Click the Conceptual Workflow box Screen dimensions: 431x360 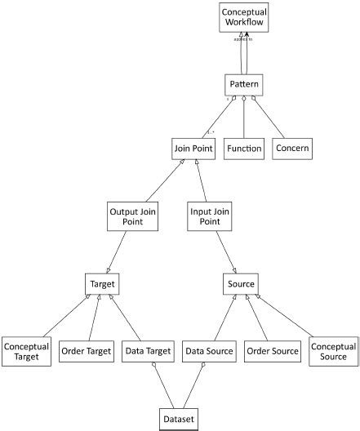[x=244, y=18]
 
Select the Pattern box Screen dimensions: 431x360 [x=244, y=84]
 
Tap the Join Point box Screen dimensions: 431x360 [x=193, y=149]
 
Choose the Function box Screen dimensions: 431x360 [x=245, y=149]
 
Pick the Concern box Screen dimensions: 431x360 [x=291, y=149]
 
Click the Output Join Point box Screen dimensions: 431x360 [x=133, y=217]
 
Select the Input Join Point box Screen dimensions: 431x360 [x=208, y=217]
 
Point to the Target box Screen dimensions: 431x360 [x=103, y=284]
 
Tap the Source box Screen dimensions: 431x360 [x=240, y=284]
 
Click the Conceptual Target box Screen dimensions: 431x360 [x=26, y=351]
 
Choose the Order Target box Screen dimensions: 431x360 [x=87, y=352]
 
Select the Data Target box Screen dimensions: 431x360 [x=148, y=352]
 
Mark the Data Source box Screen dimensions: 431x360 [x=208, y=352]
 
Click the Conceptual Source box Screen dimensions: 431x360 [x=332, y=351]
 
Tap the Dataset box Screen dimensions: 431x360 [x=178, y=419]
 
